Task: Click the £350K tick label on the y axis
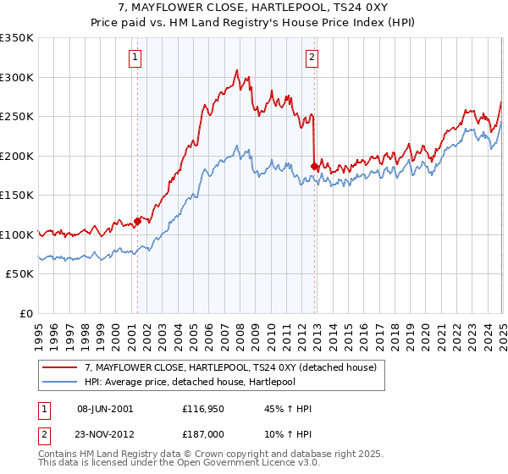click(x=17, y=38)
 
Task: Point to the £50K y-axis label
click(x=19, y=274)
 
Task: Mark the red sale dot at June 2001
click(x=137, y=222)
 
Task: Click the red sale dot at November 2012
click(x=315, y=166)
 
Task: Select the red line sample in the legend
click(x=60, y=367)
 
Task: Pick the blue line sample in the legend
click(x=60, y=380)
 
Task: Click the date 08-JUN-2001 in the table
click(x=105, y=409)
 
